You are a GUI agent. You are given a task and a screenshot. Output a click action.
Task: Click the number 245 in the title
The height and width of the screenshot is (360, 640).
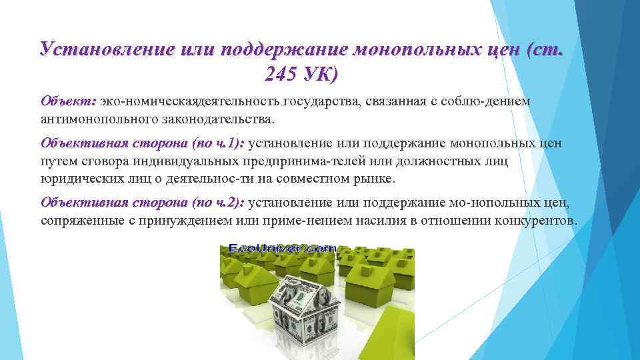click(x=281, y=75)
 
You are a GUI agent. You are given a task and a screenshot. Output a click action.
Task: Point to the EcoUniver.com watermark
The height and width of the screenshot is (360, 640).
click(x=283, y=248)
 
